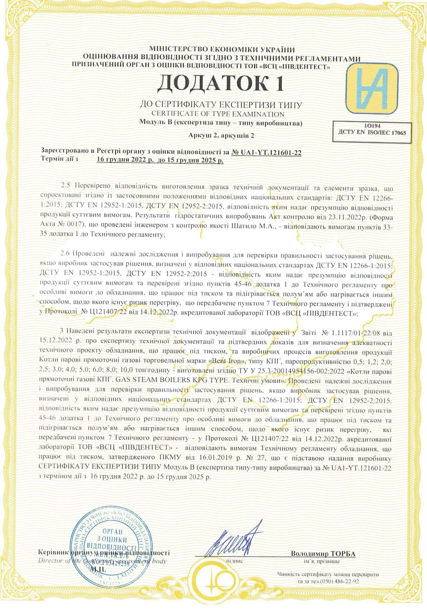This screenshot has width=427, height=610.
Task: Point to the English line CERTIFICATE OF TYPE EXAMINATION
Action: pos(218,114)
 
